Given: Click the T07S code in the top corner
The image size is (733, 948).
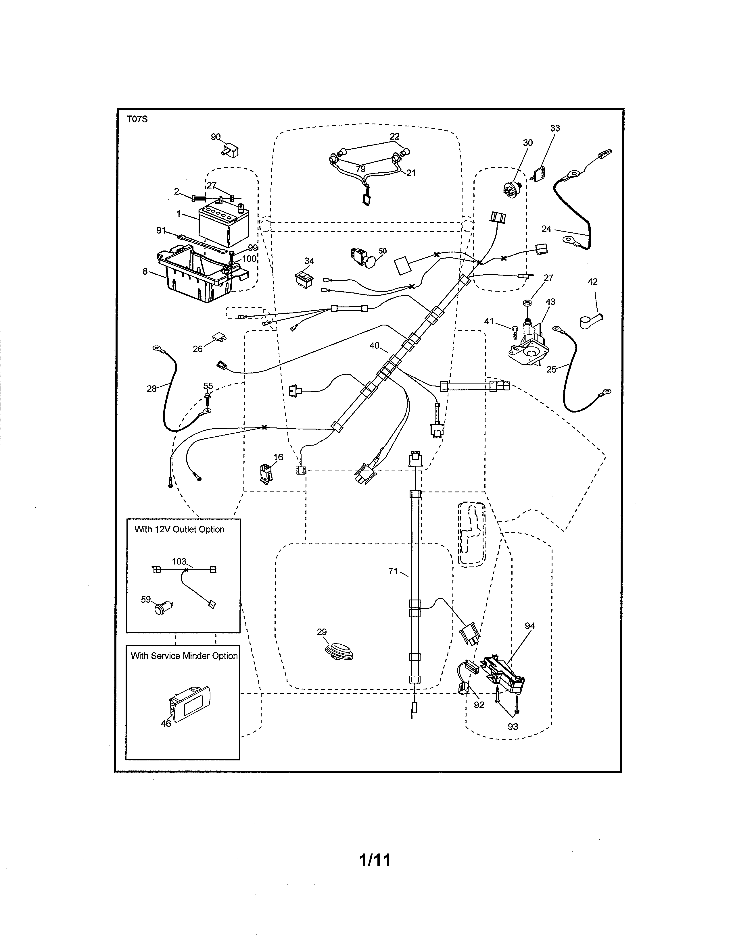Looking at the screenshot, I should click(137, 120).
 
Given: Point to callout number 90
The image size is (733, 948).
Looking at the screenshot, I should click(215, 137).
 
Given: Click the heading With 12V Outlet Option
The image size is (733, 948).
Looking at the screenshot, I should click(179, 529).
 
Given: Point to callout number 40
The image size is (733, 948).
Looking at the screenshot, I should click(374, 346).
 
